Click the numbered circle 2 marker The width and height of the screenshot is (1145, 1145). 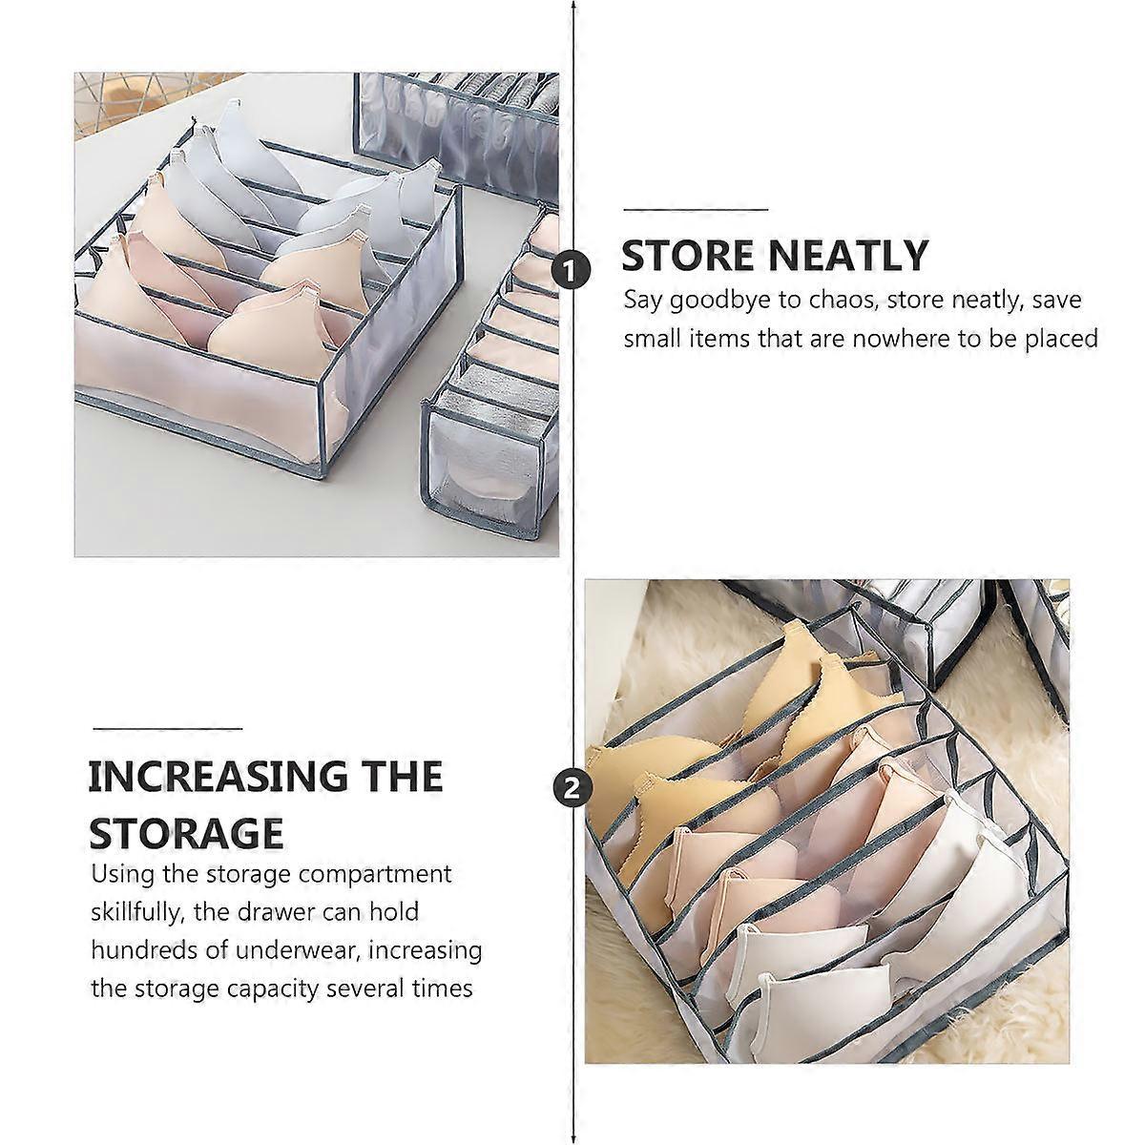572,789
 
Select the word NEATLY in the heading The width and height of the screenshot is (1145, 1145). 847,256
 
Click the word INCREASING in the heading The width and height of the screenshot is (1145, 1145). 218,776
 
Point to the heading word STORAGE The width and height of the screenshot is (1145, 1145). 186,833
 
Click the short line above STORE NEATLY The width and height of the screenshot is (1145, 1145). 696,210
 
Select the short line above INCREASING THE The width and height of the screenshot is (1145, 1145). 168,728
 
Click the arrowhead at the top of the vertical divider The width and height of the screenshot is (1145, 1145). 572,7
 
